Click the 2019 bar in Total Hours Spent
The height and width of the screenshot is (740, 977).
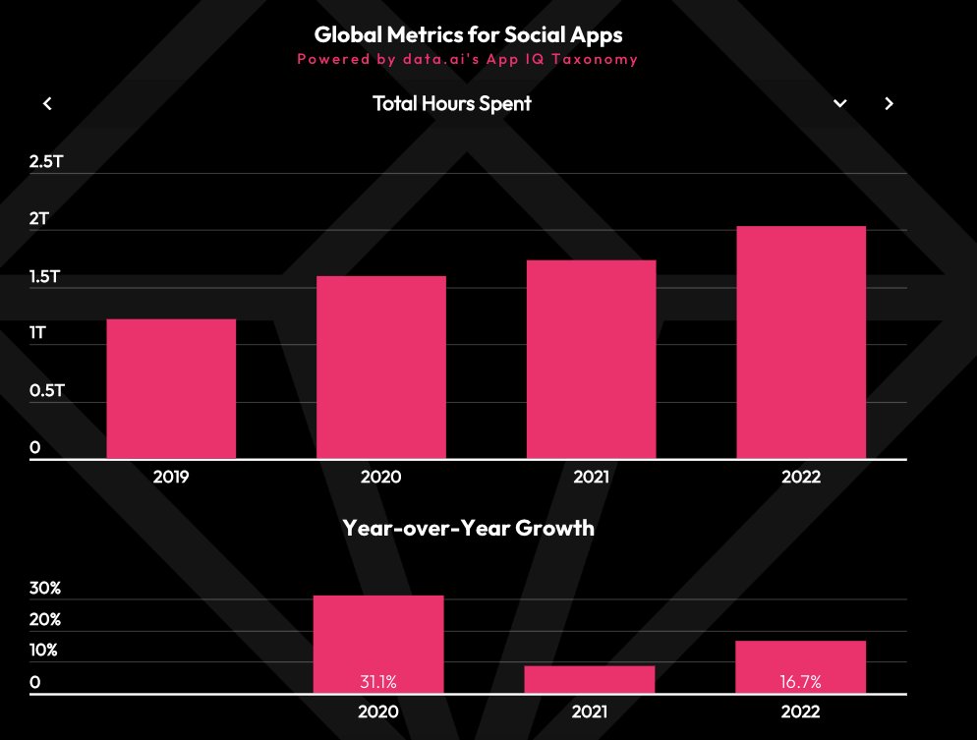pyautogui.click(x=171, y=389)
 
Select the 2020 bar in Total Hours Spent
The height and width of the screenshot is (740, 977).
pyautogui.click(x=381, y=368)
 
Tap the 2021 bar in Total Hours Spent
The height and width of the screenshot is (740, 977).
pyautogui.click(x=591, y=360)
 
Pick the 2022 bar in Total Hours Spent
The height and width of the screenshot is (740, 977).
pyautogui.click(x=801, y=342)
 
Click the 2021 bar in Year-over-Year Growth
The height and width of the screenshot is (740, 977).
pyautogui.click(x=591, y=679)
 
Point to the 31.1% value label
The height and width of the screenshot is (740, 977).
pyautogui.click(x=377, y=681)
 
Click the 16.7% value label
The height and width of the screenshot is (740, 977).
pyautogui.click(x=801, y=681)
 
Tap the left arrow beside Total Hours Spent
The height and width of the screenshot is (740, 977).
pyautogui.click(x=47, y=104)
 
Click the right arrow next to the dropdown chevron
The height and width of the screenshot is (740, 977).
pyautogui.click(x=889, y=104)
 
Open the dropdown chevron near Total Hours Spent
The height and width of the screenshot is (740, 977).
pyautogui.click(x=840, y=104)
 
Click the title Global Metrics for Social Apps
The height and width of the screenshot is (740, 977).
pyautogui.click(x=468, y=34)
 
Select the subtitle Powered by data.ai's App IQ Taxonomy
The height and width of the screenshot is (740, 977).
pyautogui.click(x=468, y=59)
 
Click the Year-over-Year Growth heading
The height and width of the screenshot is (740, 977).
pyautogui.click(x=468, y=528)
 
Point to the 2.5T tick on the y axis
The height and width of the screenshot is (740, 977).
pyautogui.click(x=46, y=161)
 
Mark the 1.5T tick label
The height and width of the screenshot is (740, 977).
pyautogui.click(x=46, y=276)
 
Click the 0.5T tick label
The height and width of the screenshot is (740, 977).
pyautogui.click(x=46, y=391)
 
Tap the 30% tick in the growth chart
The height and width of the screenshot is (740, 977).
pyautogui.click(x=45, y=589)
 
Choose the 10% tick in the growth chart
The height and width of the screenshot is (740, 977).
pyautogui.click(x=45, y=651)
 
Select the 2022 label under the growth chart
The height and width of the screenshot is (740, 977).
pyautogui.click(x=801, y=712)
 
